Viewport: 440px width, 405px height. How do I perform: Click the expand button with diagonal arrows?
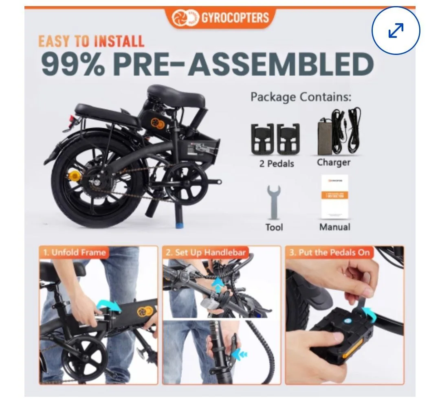point(396,31)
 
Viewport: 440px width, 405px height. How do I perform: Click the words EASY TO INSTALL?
point(91,41)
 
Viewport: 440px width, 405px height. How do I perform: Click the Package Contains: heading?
point(301,97)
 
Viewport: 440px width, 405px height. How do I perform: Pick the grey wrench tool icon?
point(273,203)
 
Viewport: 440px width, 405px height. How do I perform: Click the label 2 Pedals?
point(277,164)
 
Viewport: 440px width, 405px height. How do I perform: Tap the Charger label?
point(333,162)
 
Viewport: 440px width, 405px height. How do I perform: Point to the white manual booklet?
point(334,197)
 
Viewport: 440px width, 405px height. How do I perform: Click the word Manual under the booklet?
point(334,227)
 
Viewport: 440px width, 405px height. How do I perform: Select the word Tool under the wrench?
point(274,227)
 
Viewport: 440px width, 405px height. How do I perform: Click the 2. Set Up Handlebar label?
point(206,252)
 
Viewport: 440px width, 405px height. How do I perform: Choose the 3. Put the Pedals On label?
point(329,252)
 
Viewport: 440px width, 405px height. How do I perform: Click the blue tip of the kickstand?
point(179,224)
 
